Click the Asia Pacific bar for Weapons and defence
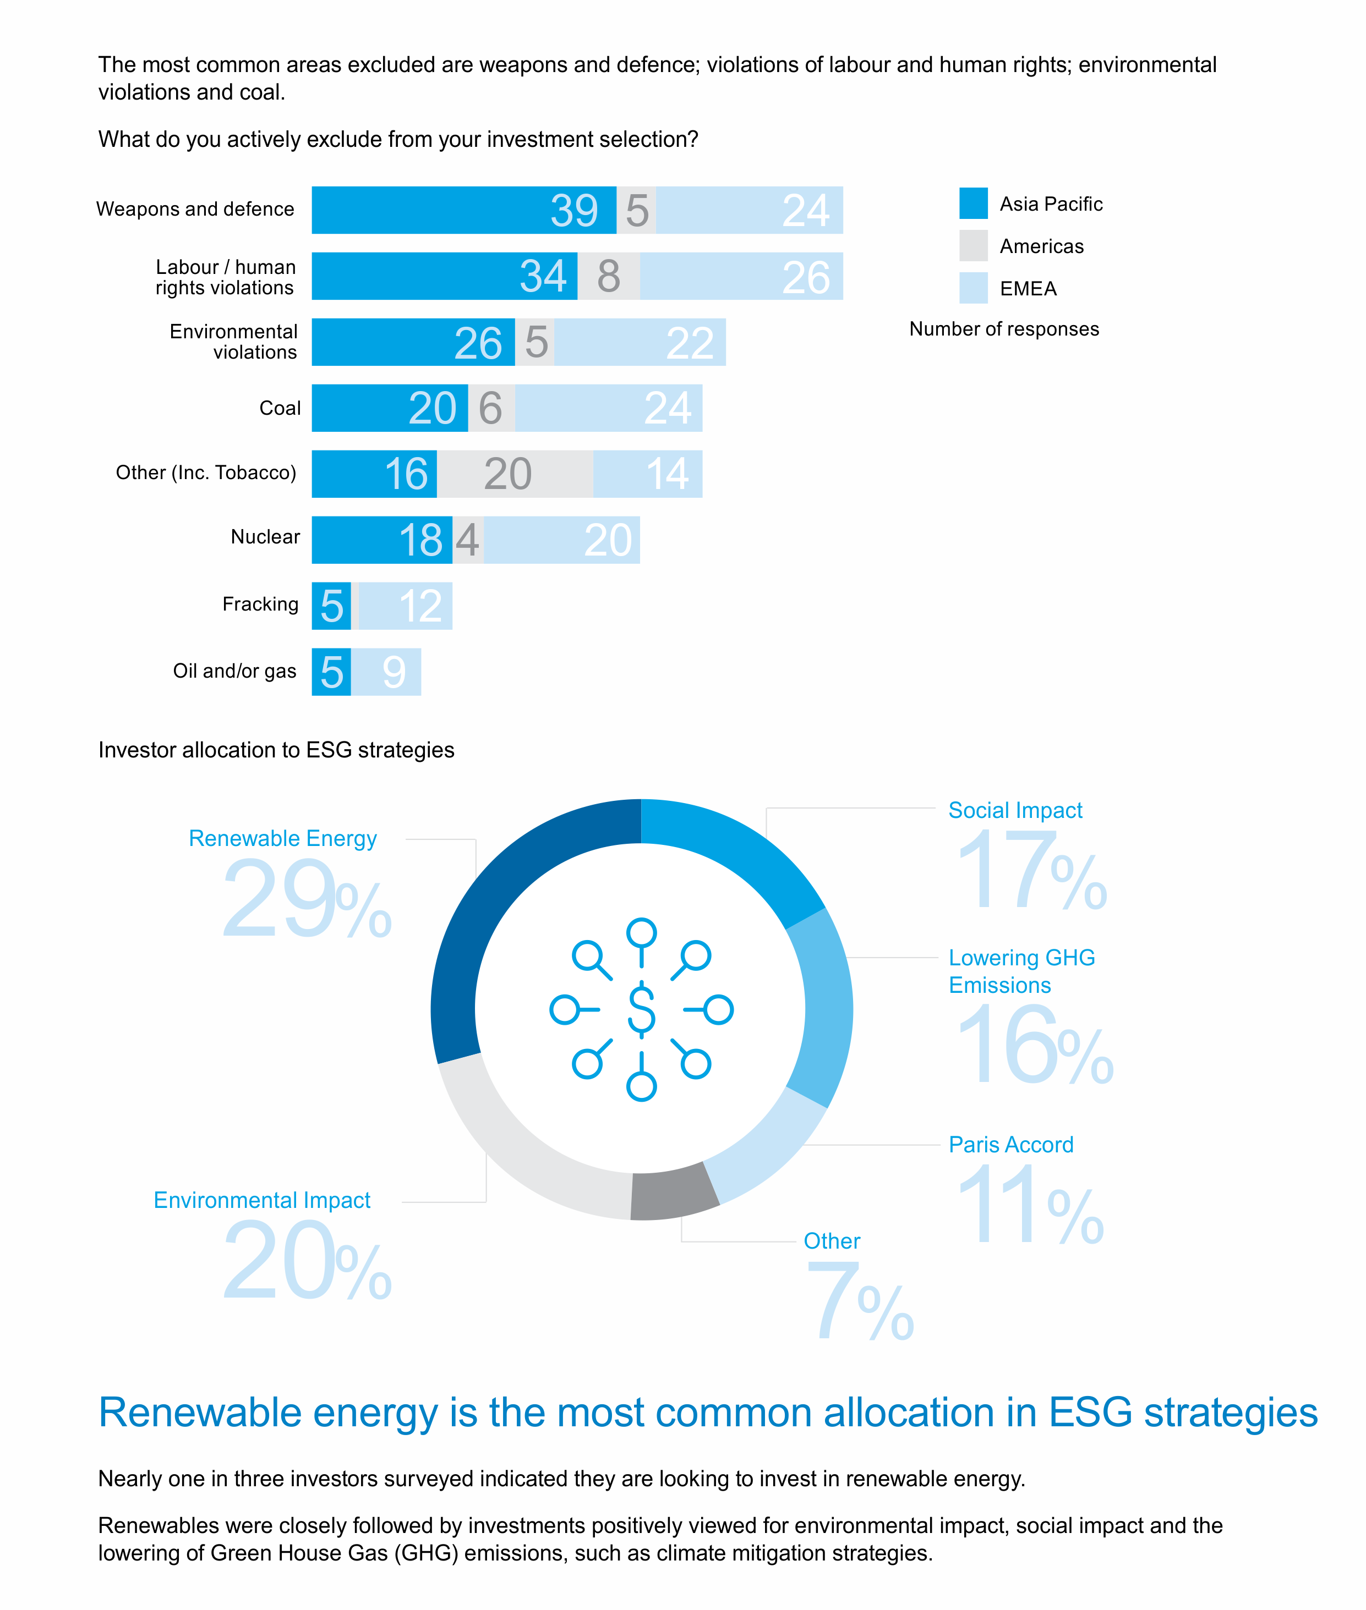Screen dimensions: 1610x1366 pyautogui.click(x=463, y=210)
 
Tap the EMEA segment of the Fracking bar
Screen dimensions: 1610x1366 pyautogui.click(x=405, y=606)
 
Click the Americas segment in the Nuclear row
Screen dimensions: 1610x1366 pyautogui.click(x=468, y=540)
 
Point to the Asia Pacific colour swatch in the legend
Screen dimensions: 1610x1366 pyautogui.click(x=972, y=204)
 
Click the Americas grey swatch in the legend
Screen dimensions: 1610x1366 pyautogui.click(x=972, y=246)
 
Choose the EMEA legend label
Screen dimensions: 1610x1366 pyautogui.click(x=1028, y=289)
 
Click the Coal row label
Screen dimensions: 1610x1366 pyautogui.click(x=280, y=408)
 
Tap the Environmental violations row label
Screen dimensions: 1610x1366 pyautogui.click(x=233, y=342)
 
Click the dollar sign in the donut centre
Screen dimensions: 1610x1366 pyautogui.click(x=641, y=1009)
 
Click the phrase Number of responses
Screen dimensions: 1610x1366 pyautogui.click(x=1004, y=329)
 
